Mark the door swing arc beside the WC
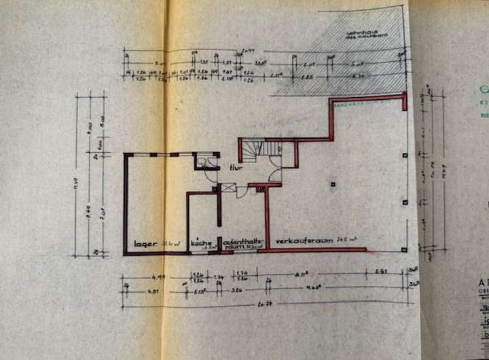[211, 175]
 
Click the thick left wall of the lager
[125, 204]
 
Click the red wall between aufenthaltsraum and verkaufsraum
[266, 217]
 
